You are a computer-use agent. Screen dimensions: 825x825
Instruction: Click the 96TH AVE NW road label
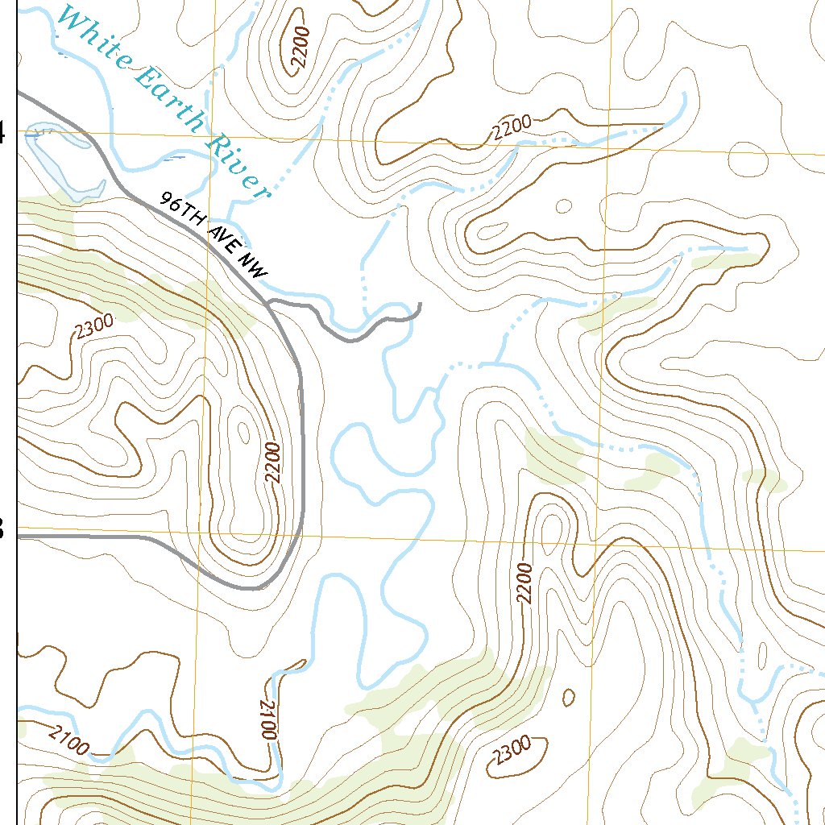(213, 237)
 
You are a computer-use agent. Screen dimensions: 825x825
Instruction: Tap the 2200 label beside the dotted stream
(512, 126)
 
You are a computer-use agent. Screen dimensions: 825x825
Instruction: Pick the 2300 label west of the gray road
(94, 326)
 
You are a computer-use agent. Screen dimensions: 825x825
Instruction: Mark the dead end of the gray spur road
(420, 305)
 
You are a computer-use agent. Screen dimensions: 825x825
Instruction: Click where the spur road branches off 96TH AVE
(270, 302)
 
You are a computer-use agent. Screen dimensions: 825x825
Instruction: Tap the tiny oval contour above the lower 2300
(569, 696)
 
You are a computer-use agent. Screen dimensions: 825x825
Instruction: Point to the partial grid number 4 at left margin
(2, 133)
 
